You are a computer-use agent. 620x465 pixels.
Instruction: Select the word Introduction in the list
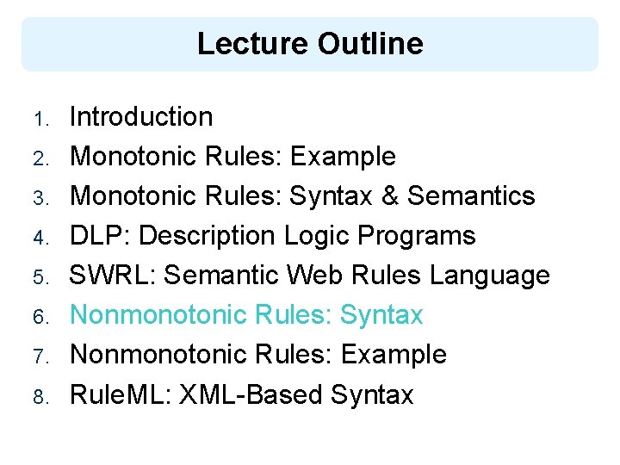(x=141, y=116)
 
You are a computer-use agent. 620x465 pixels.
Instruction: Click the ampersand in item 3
(x=388, y=195)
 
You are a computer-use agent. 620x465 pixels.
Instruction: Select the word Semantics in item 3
(x=471, y=195)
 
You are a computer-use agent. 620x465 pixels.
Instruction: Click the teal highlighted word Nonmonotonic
(x=158, y=314)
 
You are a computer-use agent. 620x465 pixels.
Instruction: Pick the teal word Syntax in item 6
(x=381, y=314)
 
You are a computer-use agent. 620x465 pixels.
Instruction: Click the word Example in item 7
(x=394, y=354)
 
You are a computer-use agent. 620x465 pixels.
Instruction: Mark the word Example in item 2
(x=343, y=156)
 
